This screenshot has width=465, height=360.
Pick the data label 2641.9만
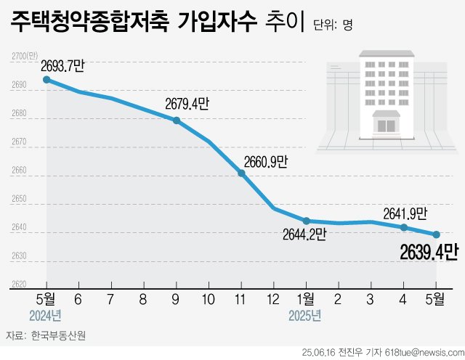405,213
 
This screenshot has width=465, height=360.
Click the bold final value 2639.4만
429,252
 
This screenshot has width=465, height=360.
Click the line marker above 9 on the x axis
177,120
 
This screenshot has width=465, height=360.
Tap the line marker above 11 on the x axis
241,173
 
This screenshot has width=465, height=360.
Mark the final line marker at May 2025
436,234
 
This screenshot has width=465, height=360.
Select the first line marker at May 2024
46,80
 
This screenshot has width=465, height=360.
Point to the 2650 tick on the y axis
19,199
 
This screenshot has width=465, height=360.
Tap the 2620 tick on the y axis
19,284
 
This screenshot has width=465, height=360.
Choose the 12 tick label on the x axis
273,298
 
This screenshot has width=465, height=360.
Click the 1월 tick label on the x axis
306,298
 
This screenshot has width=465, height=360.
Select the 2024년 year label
45,316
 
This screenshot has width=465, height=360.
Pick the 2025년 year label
304,316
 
